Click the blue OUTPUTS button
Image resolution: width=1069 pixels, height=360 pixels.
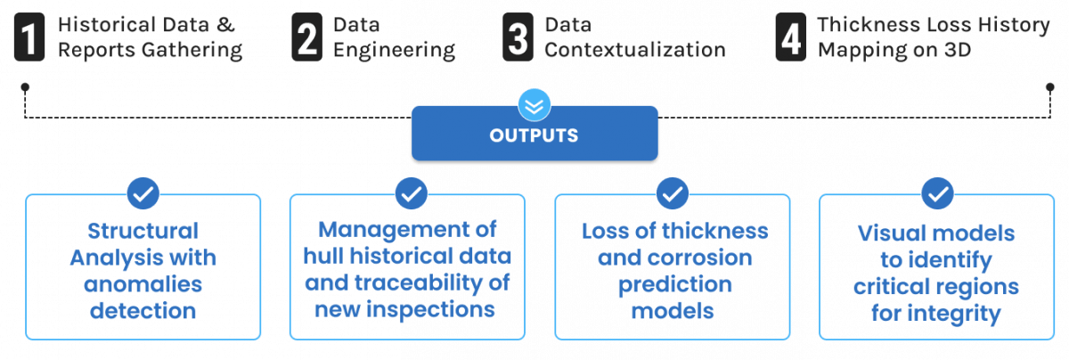534,135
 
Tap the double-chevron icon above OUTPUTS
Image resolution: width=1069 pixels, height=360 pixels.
534,105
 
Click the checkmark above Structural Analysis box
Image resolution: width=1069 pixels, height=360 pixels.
143,192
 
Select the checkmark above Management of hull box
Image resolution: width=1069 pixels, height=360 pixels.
410,192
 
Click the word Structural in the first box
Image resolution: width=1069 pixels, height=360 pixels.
143,232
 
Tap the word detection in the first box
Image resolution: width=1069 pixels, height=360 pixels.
143,311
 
